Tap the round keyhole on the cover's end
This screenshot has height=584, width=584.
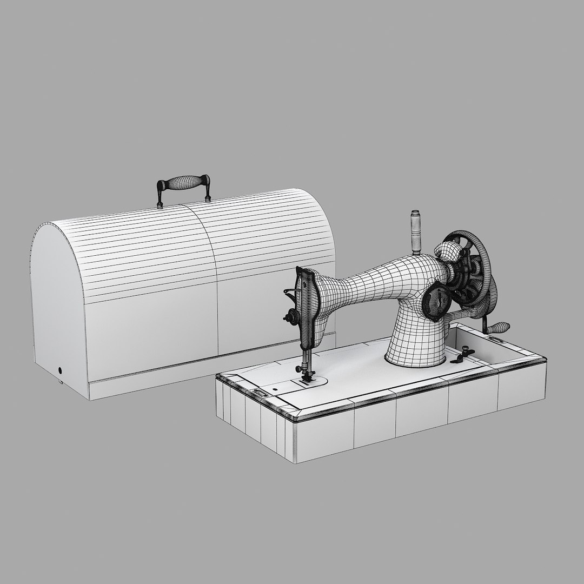point(60,371)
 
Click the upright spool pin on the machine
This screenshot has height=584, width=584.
point(415,232)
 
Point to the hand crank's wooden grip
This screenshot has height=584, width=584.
point(499,327)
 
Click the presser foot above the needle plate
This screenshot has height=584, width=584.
point(307,376)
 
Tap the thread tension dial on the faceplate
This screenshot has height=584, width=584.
point(292,317)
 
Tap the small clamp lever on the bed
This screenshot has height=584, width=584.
point(460,357)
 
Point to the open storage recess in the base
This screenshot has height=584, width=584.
point(476,341)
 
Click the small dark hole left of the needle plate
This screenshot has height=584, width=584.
point(275,388)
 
